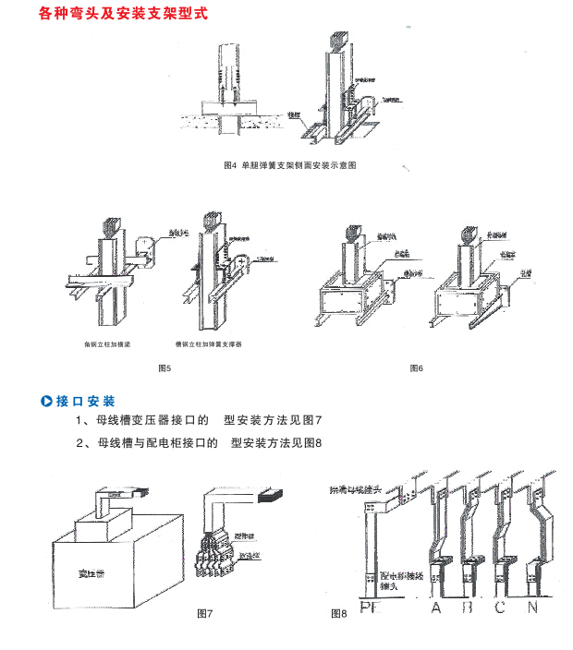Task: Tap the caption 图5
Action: tap(165, 369)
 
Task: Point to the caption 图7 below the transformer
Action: tap(206, 613)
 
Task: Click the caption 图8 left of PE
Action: tap(338, 613)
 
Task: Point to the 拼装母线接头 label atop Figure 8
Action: tap(369, 484)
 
